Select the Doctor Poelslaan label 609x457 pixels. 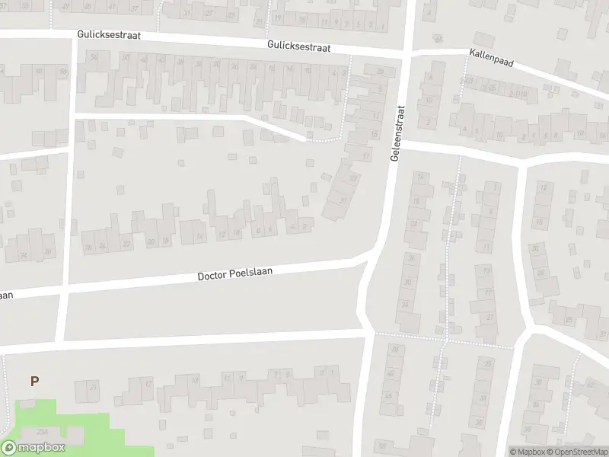pyautogui.click(x=234, y=273)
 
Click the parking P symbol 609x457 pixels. pyautogui.click(x=33, y=381)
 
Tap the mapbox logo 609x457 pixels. pyautogui.click(x=33, y=448)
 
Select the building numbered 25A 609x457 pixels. pyautogui.click(x=41, y=432)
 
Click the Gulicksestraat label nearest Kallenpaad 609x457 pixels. pyautogui.click(x=298, y=46)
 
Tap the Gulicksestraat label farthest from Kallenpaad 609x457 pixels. pyautogui.click(x=108, y=36)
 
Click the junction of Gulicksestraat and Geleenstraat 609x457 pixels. pyautogui.click(x=405, y=53)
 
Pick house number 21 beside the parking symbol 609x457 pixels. pyautogui.click(x=94, y=388)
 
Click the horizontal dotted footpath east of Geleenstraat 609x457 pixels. pyautogui.click(x=445, y=335)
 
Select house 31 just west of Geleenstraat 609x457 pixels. pyautogui.click(x=343, y=201)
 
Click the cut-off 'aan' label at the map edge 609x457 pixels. pyautogui.click(x=6, y=296)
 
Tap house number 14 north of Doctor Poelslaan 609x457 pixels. pyautogui.click(x=199, y=237)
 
